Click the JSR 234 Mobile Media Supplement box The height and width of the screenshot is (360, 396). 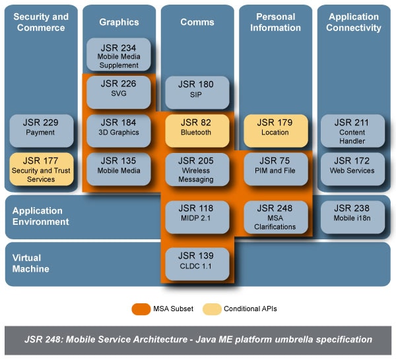point(119,55)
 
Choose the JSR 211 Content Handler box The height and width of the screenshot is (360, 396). point(352,131)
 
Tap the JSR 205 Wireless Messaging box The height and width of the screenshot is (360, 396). point(197,169)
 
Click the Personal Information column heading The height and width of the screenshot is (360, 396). point(275,22)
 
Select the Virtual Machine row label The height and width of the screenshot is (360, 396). point(31,264)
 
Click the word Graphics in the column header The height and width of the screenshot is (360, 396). point(119,22)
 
